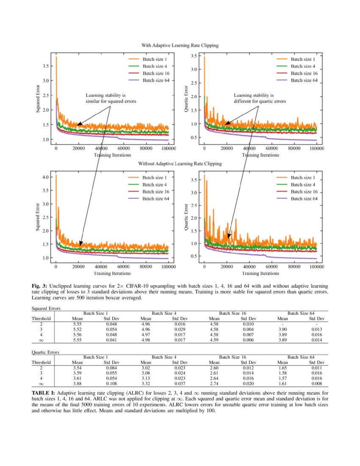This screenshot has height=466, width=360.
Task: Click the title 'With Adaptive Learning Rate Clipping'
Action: [180, 44]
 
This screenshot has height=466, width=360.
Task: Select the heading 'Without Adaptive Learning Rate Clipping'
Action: [180, 164]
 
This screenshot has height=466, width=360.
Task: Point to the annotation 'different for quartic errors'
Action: [260, 102]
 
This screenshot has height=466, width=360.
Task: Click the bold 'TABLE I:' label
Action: [43, 393]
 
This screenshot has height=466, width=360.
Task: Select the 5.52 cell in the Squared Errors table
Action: [77, 329]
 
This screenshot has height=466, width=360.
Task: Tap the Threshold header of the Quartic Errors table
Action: [41, 363]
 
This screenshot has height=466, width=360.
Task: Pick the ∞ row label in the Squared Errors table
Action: [41, 340]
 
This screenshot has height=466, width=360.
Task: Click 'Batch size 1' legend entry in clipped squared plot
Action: [155, 60]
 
